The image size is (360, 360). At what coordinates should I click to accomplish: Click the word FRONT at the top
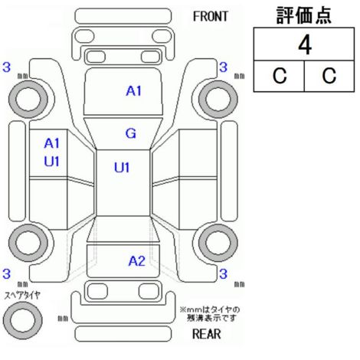tap(210, 17)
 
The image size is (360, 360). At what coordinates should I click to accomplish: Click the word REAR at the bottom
tap(206, 334)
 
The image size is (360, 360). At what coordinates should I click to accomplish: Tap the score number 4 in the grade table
tap(305, 45)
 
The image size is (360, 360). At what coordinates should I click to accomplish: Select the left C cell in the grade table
tap(280, 76)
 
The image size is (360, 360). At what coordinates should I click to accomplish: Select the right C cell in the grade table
tap(329, 76)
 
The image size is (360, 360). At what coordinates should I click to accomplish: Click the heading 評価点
tap(304, 15)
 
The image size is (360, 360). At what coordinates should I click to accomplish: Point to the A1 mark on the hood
tap(133, 91)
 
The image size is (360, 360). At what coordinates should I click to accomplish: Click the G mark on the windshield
tap(130, 133)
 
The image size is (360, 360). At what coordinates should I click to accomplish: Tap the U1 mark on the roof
tap(122, 168)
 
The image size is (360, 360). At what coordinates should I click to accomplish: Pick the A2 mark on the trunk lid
tap(137, 261)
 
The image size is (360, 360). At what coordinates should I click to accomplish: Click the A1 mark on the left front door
tap(51, 143)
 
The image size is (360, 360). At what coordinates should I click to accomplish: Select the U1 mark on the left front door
tap(51, 162)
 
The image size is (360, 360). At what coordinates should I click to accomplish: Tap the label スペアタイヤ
tap(22, 296)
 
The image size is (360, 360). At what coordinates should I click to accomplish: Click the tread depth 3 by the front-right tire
tap(223, 67)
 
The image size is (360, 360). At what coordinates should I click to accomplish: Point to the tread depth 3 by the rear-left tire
tap(6, 273)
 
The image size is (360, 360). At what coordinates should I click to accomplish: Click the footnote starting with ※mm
tap(210, 314)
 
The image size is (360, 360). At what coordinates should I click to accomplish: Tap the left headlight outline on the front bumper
tap(83, 36)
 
